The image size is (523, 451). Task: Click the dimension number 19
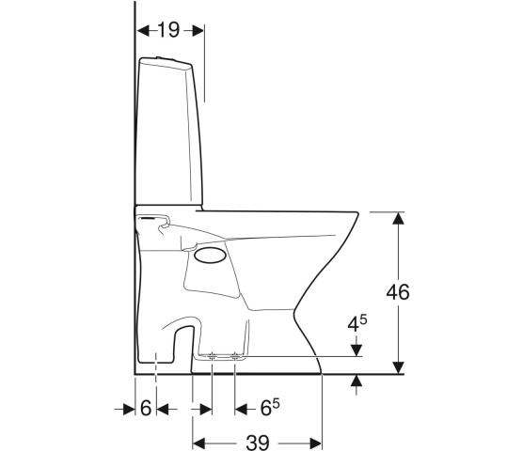click(x=168, y=30)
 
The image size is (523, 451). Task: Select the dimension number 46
click(x=398, y=292)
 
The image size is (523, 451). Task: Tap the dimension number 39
click(x=258, y=443)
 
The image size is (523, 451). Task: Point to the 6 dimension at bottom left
click(x=146, y=408)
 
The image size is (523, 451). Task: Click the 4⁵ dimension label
click(x=357, y=324)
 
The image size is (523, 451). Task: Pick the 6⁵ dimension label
click(x=270, y=408)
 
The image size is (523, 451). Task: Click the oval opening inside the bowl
click(x=211, y=256)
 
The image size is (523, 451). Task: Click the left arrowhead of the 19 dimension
click(x=143, y=31)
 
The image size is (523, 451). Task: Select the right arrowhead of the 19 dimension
click(x=198, y=31)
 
